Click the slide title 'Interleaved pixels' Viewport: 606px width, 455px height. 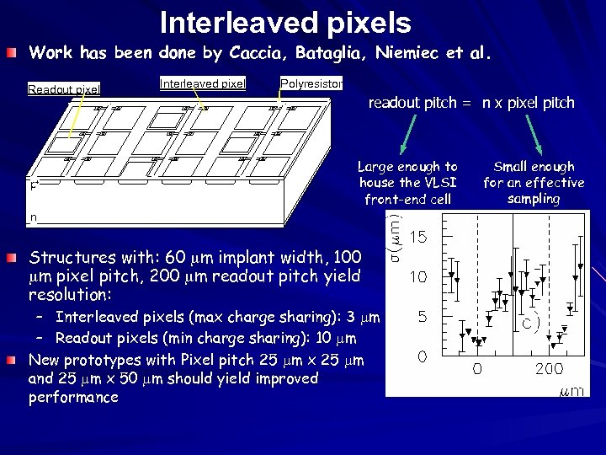point(285,22)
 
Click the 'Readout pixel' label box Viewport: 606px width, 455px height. point(64,89)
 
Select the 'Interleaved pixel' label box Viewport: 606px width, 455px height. point(202,83)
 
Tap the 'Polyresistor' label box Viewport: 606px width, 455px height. point(311,83)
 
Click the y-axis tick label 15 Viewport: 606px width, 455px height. point(417,238)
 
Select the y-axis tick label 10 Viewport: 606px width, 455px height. point(417,277)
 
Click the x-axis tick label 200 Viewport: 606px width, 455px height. point(550,369)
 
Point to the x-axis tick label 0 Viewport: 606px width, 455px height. point(476,369)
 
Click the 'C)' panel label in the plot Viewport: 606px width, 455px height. point(529,323)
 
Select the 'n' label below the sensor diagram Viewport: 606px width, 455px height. point(34,217)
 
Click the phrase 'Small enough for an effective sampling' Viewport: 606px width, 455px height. point(534,183)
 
